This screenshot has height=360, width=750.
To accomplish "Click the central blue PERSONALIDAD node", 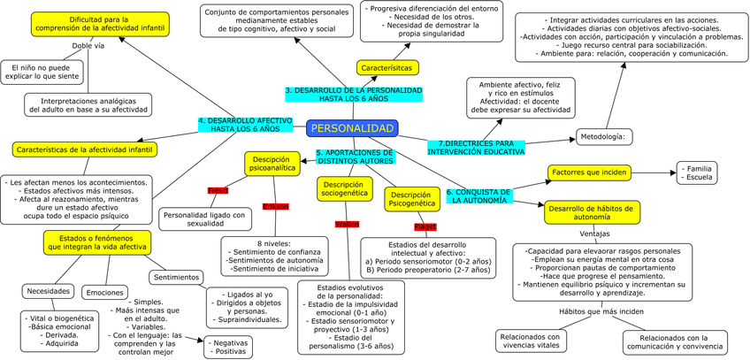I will [x=353, y=129].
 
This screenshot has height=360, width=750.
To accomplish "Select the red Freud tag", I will [x=218, y=190].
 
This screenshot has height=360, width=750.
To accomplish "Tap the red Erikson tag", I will [x=275, y=206].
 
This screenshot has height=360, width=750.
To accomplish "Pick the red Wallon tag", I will [x=347, y=225].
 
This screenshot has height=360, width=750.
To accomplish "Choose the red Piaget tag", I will [x=425, y=226].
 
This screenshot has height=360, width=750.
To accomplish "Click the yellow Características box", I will [x=387, y=67].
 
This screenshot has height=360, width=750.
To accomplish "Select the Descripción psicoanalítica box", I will [x=273, y=164].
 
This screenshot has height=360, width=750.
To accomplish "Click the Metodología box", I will [x=606, y=136].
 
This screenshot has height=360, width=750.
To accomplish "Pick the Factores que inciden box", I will [x=588, y=172].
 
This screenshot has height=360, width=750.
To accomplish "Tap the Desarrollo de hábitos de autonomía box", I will [x=593, y=212].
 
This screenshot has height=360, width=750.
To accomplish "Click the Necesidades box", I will [x=48, y=291].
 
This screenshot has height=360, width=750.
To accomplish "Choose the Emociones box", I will [x=105, y=292].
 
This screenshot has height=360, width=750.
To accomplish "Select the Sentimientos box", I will [x=175, y=277].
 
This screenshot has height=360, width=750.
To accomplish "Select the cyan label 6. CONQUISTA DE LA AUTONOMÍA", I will [x=478, y=196].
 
